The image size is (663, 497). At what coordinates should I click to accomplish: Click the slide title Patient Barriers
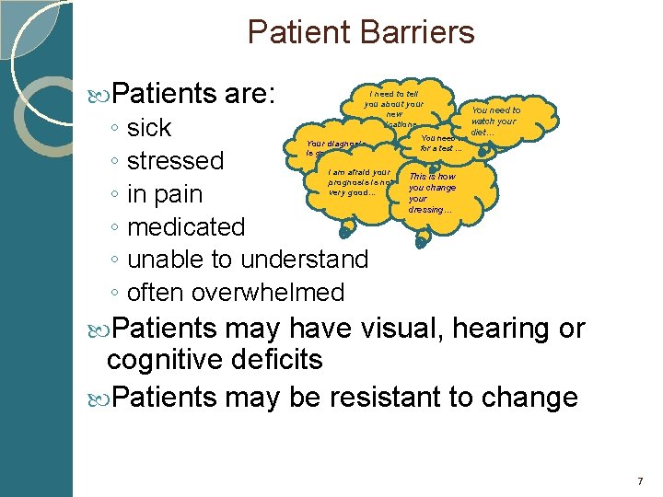coord(361,33)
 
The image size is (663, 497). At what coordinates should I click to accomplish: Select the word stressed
coord(175,161)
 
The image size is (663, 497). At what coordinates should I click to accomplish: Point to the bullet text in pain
coord(165,194)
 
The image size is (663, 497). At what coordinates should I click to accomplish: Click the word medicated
coord(186,227)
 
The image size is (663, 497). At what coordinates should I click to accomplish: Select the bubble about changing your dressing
coord(431,193)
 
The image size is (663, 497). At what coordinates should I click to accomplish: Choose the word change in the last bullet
coord(534,398)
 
